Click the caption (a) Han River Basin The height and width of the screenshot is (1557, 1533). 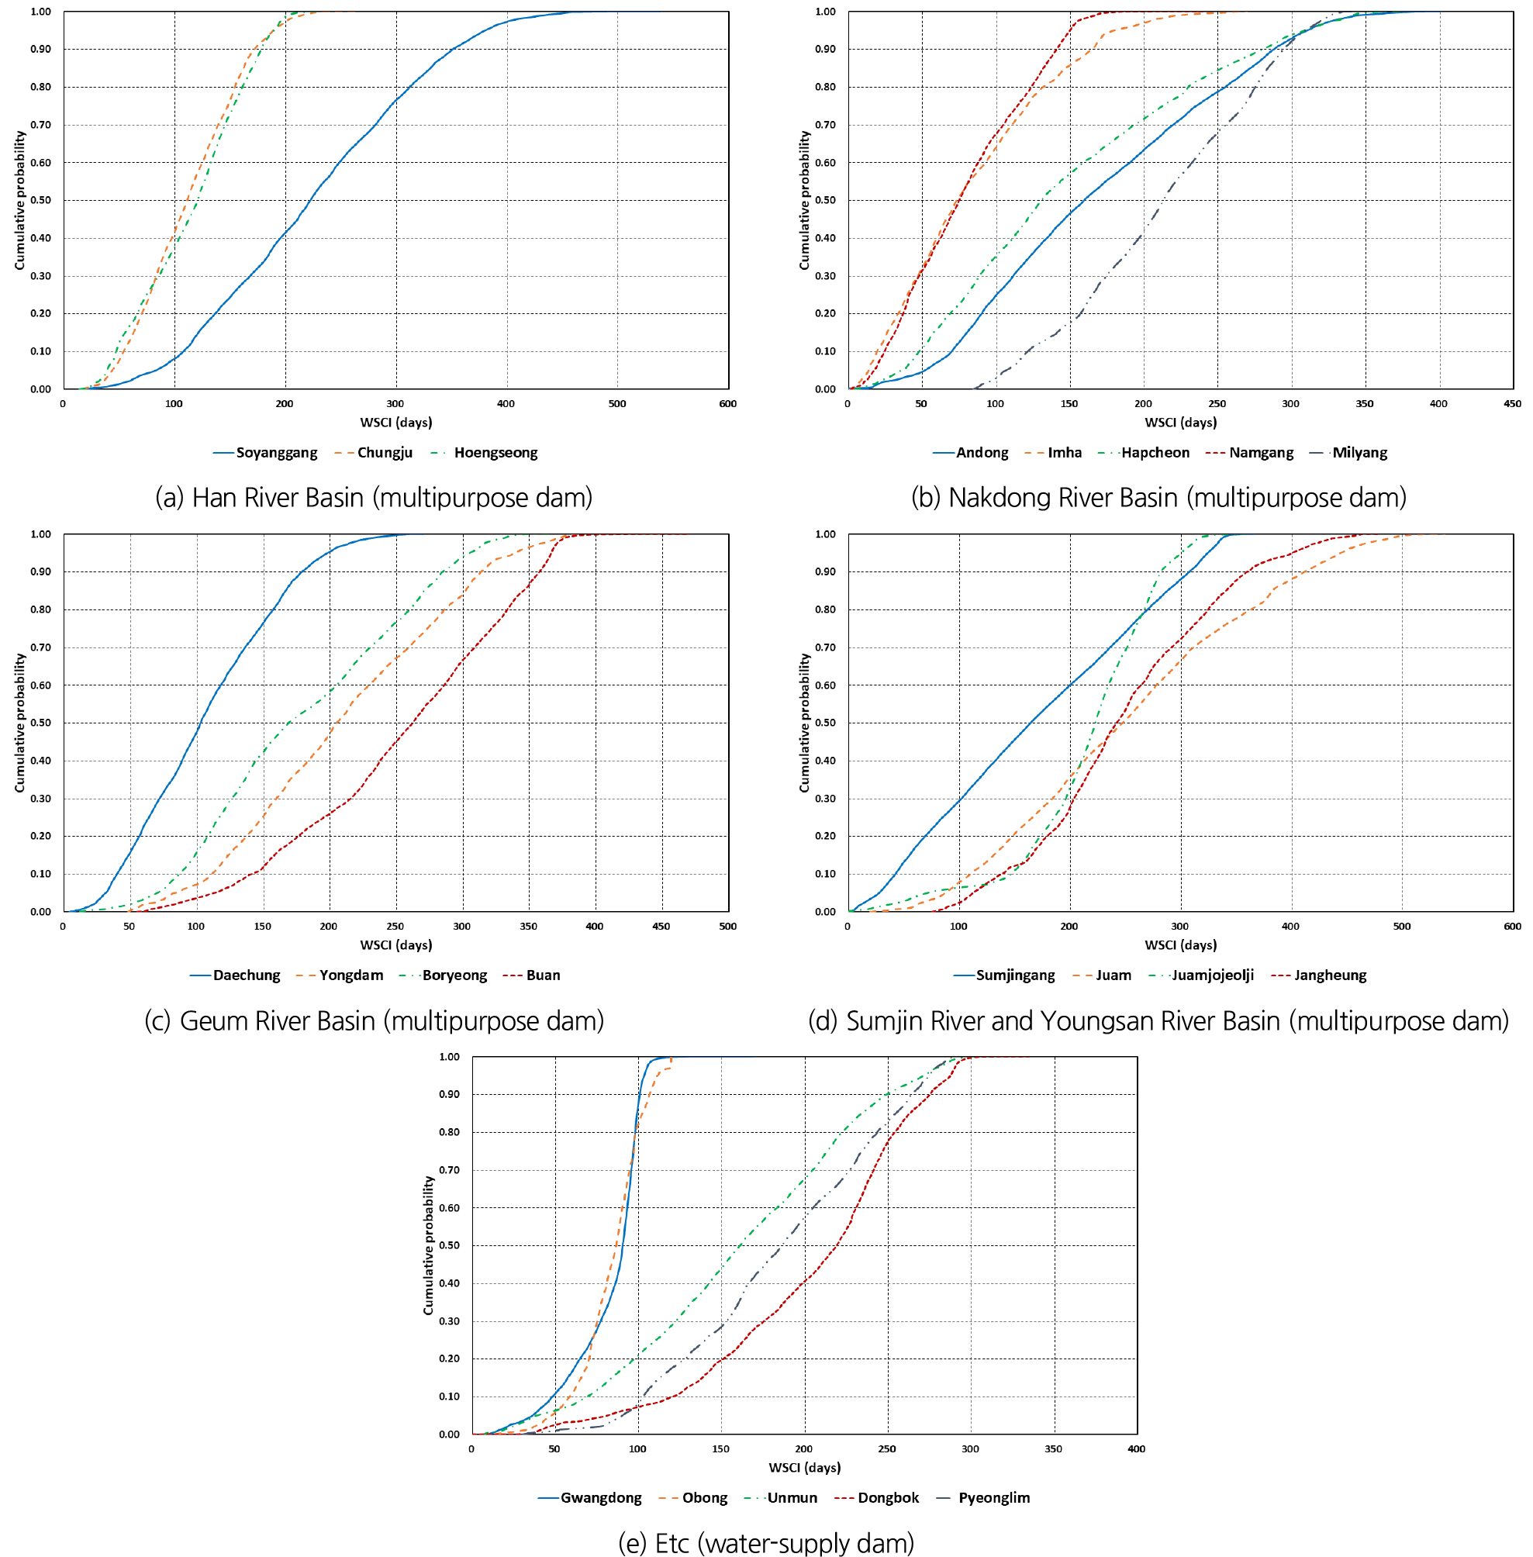(x=374, y=498)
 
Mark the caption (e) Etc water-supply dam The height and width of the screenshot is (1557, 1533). (x=765, y=1542)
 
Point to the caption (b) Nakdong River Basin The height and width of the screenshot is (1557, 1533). (x=1158, y=498)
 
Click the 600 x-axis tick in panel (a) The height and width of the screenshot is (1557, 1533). (x=728, y=404)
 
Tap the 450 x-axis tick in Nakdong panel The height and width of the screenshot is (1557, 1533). (x=1512, y=404)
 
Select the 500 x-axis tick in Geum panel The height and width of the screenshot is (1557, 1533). (x=728, y=927)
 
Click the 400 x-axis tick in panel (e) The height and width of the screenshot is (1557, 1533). (x=1136, y=1449)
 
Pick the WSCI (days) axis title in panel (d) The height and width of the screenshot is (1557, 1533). (x=1180, y=945)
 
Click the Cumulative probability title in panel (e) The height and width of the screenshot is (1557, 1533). (x=428, y=1245)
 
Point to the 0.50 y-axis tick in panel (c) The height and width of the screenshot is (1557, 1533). (x=40, y=723)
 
